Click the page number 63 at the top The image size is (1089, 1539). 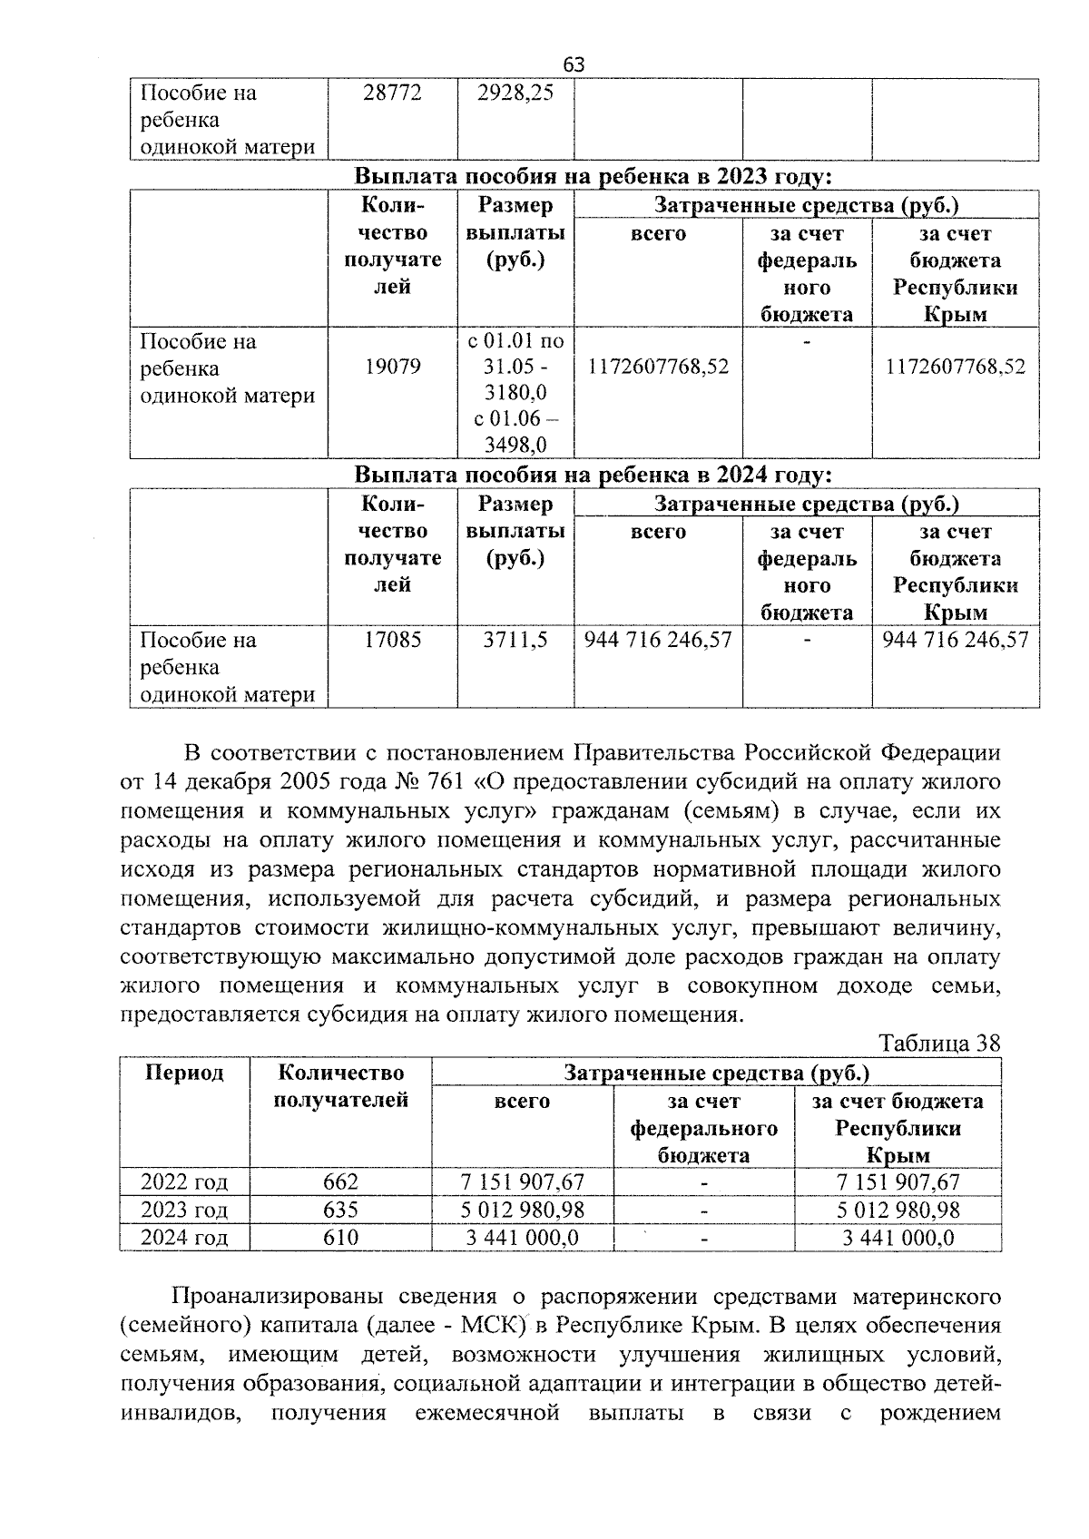click(x=574, y=64)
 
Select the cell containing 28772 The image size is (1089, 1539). click(x=392, y=93)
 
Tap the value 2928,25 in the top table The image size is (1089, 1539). click(x=515, y=93)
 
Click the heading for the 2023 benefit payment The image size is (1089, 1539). click(x=593, y=175)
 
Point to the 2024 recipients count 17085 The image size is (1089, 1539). click(x=392, y=640)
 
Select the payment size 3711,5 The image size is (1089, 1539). click(x=515, y=640)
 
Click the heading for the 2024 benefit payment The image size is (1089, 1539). click(x=593, y=475)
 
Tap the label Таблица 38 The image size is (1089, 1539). click(x=939, y=1044)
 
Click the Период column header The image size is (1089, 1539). click(x=184, y=1073)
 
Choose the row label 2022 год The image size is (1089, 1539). click(x=184, y=1181)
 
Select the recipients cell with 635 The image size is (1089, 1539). click(x=340, y=1210)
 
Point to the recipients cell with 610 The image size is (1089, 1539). click(x=340, y=1238)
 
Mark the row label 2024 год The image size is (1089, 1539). click(x=184, y=1238)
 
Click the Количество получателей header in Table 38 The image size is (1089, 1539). click(x=340, y=1086)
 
